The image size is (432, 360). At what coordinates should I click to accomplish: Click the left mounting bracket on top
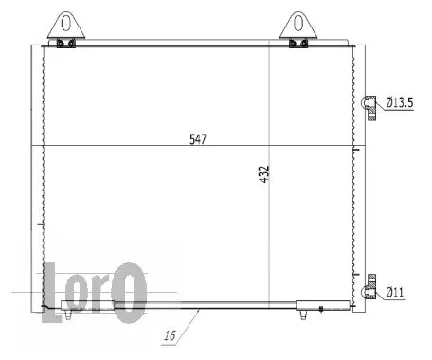pos(65,26)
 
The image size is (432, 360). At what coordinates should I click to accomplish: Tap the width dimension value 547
pos(196,138)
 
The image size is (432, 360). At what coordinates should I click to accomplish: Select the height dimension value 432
pos(264,174)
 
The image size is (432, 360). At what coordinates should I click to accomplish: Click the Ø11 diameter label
pos(395,293)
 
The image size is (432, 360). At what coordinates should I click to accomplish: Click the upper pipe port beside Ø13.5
pos(371,102)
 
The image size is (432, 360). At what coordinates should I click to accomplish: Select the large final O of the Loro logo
pos(130,288)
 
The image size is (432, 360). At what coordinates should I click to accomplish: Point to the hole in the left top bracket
pos(65,21)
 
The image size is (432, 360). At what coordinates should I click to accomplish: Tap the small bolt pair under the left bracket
pos(65,43)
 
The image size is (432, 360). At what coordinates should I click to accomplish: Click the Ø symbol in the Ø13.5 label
pos(389,102)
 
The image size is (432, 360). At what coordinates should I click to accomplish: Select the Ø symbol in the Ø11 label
pos(389,293)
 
